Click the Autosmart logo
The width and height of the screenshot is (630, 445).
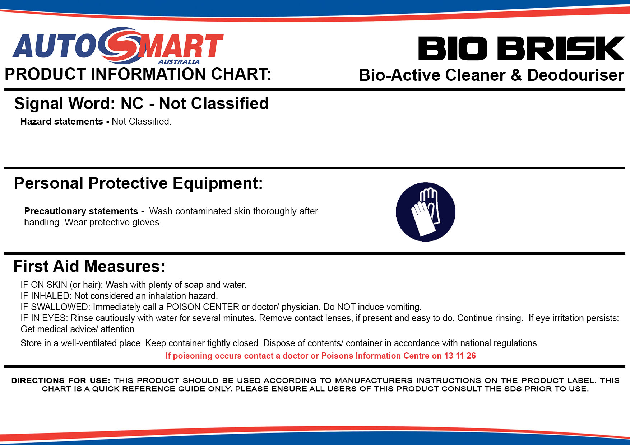point(118,46)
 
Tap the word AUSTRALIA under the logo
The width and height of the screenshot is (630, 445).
point(179,62)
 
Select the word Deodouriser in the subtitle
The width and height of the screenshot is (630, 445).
point(575,75)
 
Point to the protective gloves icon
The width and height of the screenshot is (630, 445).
point(426,212)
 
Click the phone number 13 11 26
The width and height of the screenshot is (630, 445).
point(460,356)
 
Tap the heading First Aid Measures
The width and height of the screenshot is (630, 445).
point(89,266)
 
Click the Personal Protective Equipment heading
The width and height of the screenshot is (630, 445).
point(138,183)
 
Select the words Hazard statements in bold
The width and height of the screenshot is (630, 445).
point(62,121)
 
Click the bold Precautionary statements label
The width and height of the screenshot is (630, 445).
point(81,211)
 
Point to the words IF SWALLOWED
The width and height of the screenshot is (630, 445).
point(54,307)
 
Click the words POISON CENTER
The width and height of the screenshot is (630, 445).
point(203,307)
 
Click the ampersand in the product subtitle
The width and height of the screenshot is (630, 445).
point(516,75)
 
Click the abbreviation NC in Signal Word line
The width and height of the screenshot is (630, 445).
point(132,103)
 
